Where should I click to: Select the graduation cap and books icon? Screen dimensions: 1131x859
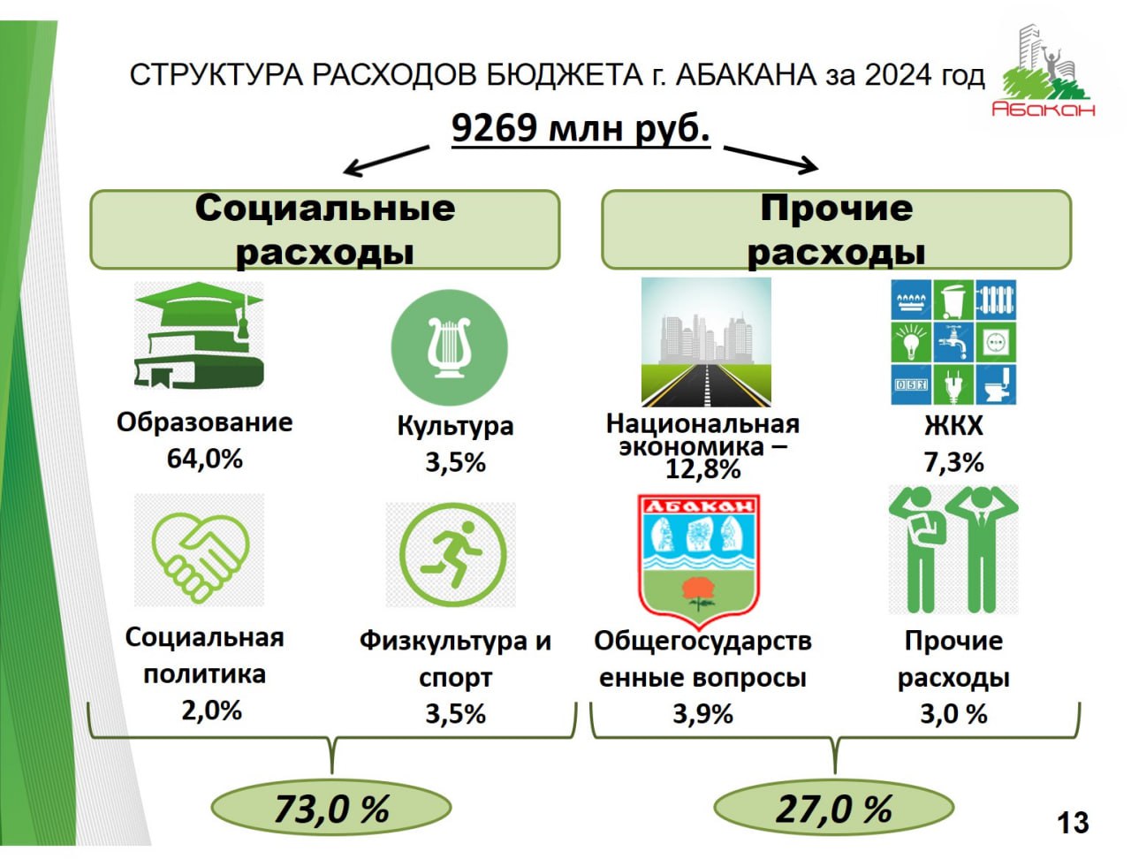click(199, 335)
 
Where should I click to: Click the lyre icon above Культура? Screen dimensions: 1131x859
click(449, 348)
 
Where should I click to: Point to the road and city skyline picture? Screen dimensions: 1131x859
click(706, 342)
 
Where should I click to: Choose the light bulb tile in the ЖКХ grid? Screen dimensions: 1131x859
click(910, 342)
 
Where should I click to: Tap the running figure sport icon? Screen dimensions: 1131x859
click(452, 554)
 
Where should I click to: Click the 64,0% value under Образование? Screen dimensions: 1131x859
click(205, 458)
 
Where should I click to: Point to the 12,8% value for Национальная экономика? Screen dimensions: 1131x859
click(702, 469)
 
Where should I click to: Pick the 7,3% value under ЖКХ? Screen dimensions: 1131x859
click(953, 462)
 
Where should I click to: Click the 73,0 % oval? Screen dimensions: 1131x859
click(331, 808)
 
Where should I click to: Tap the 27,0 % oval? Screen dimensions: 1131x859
click(834, 808)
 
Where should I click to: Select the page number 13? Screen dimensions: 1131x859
click(1074, 823)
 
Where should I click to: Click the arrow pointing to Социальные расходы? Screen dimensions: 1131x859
click(386, 161)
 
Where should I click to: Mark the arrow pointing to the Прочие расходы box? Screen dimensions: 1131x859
click(770, 160)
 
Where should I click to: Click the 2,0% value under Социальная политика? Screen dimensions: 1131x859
click(211, 711)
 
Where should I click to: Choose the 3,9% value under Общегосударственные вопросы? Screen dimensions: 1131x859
click(702, 714)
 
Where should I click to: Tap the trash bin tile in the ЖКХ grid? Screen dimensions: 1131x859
click(953, 300)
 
